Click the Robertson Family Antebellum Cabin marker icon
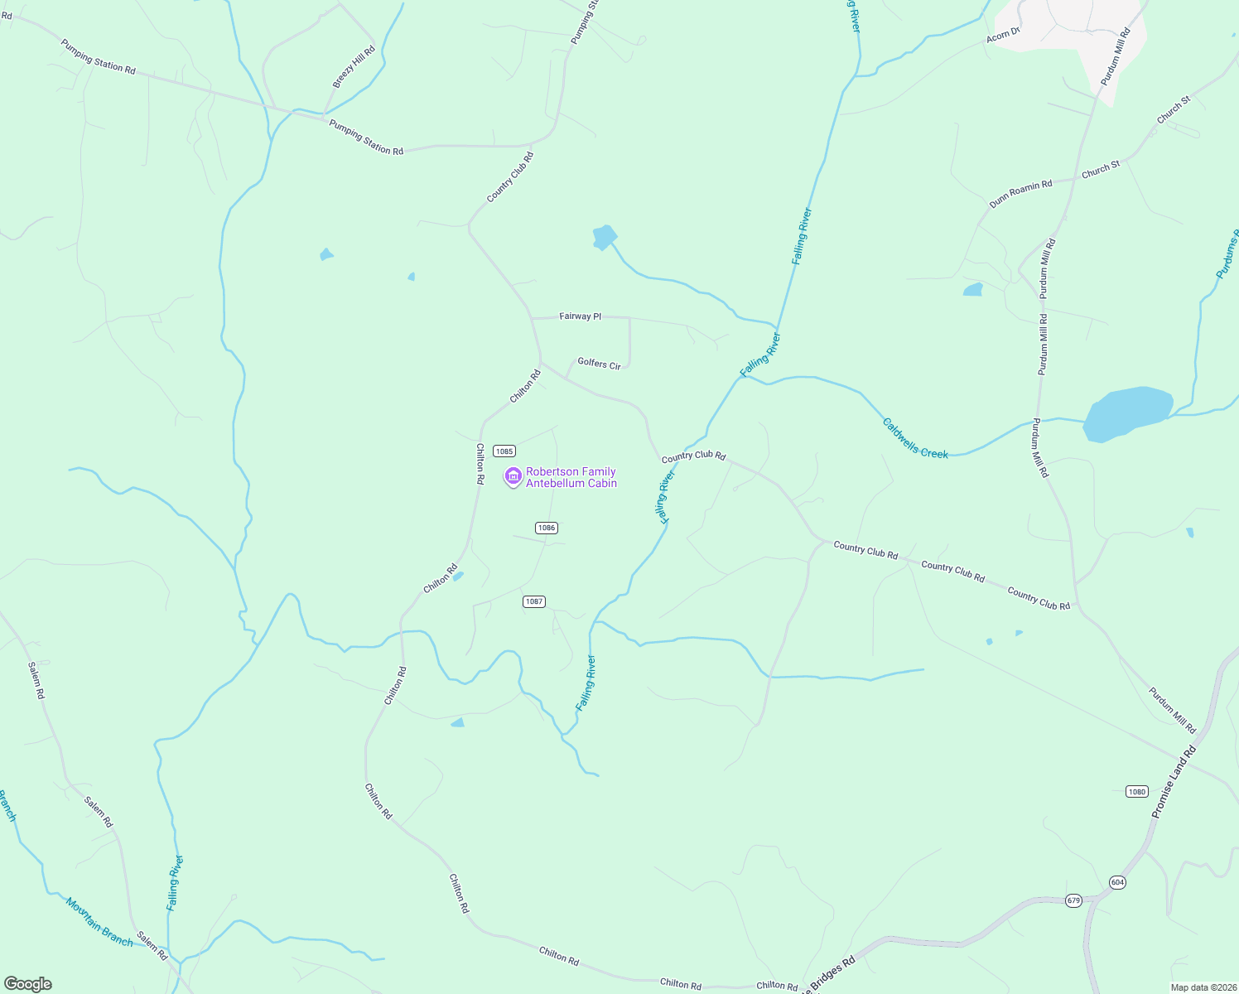513,476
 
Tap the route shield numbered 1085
504,451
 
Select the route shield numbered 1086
547,528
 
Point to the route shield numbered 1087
534,601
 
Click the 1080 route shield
1136,792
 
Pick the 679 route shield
1073,900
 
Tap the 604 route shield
1117,882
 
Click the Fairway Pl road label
580,316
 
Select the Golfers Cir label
599,364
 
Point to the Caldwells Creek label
915,438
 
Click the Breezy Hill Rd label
354,67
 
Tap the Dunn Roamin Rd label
1020,194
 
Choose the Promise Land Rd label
1174,783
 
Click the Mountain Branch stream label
99,922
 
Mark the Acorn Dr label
1002,36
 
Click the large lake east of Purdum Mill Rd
1127,413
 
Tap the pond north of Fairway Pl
605,238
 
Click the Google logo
28,984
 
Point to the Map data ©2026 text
1203,987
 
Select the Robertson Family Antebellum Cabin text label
571,477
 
